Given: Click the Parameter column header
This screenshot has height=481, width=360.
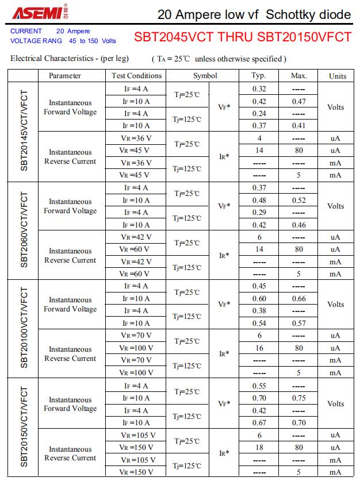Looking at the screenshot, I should [x=64, y=76].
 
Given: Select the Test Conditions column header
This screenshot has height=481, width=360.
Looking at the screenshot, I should [x=136, y=76].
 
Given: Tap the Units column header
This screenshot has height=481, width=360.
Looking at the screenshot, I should [x=338, y=76].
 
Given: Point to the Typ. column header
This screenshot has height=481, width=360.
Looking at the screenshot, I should [x=259, y=76].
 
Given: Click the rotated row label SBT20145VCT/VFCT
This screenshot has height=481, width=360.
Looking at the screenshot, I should [x=24, y=132].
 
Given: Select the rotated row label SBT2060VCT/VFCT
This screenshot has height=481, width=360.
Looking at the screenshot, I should [x=24, y=230].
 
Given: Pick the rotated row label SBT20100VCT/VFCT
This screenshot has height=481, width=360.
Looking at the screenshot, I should [x=24, y=329].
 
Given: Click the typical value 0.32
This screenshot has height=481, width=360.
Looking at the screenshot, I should [x=259, y=89].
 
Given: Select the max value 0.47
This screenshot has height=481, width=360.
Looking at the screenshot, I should [x=298, y=102].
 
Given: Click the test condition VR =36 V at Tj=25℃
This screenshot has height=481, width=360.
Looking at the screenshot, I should [x=136, y=138].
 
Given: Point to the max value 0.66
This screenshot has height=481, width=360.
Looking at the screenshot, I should [x=298, y=299].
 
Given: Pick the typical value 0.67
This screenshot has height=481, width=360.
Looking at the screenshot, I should [x=259, y=423].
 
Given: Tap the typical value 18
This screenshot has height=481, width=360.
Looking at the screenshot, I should [x=259, y=447].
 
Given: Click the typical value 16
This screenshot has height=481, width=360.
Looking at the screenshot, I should [x=259, y=348].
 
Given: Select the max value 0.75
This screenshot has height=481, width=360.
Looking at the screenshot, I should [x=298, y=398].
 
